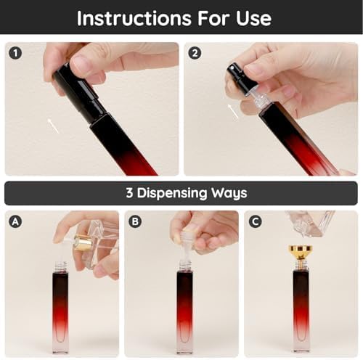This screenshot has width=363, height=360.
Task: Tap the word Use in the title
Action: [253, 18]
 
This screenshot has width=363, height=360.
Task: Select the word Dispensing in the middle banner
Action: [172, 193]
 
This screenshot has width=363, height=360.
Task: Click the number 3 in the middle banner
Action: [129, 193]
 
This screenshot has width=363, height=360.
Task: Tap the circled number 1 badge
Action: [15, 53]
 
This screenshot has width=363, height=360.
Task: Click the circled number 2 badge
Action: [195, 53]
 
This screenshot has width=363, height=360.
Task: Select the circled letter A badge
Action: [15, 221]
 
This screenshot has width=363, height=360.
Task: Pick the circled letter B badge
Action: [135, 221]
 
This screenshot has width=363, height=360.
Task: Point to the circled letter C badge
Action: [255, 221]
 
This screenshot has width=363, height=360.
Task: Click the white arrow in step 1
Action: [53, 126]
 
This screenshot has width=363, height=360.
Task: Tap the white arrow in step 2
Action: [233, 111]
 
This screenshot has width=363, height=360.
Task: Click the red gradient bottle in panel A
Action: [60, 307]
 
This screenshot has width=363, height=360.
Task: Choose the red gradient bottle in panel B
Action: [184, 307]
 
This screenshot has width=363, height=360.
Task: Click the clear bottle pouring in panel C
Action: [310, 224]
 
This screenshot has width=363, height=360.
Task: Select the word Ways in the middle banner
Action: [229, 193]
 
